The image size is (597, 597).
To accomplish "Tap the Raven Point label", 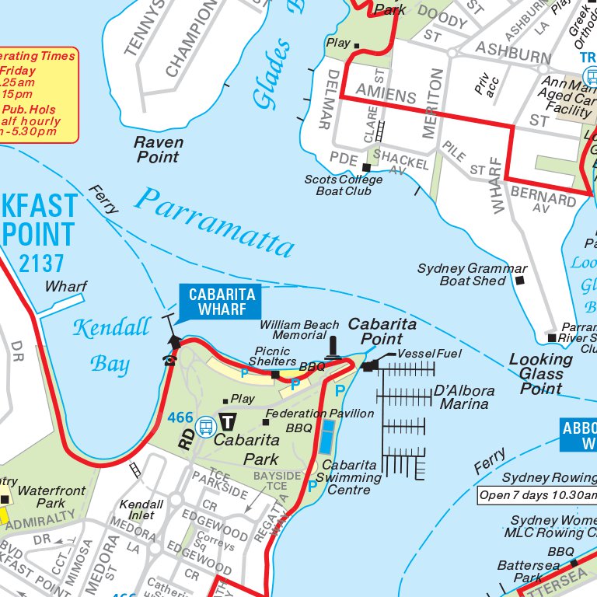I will pyautogui.click(x=159, y=149).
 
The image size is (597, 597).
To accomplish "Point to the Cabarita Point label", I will pyautogui.click(x=382, y=331).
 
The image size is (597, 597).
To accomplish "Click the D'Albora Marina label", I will pyautogui.click(x=465, y=396).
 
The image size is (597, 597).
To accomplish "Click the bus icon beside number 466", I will pyautogui.click(x=206, y=426).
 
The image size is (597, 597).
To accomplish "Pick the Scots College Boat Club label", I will pyautogui.click(x=343, y=185).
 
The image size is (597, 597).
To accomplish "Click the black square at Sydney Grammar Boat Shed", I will pyautogui.click(x=520, y=279).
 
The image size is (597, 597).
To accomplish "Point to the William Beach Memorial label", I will pyautogui.click(x=299, y=330).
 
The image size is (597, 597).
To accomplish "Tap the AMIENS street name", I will pyautogui.click(x=386, y=96).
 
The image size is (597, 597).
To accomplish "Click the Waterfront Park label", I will pyautogui.click(x=52, y=497).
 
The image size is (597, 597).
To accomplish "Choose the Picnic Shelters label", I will pyautogui.click(x=273, y=356).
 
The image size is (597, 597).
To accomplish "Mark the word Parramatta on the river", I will pyautogui.click(x=215, y=222).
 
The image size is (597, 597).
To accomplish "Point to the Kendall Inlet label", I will pyautogui.click(x=141, y=510).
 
